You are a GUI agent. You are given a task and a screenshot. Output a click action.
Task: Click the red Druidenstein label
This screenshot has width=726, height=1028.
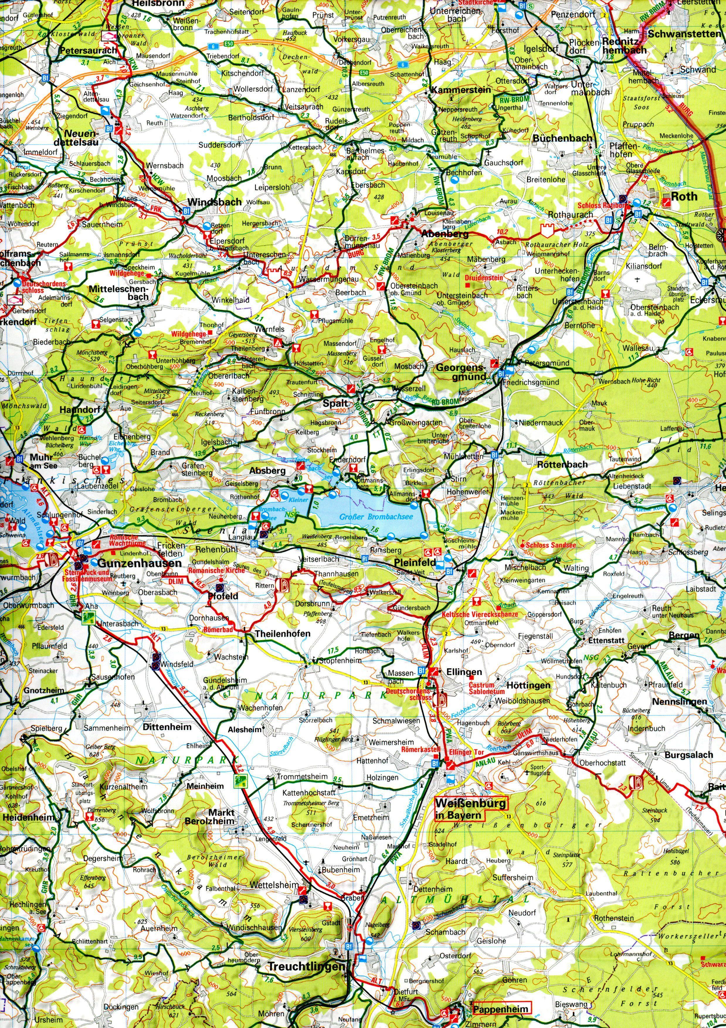(x=484, y=277)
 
